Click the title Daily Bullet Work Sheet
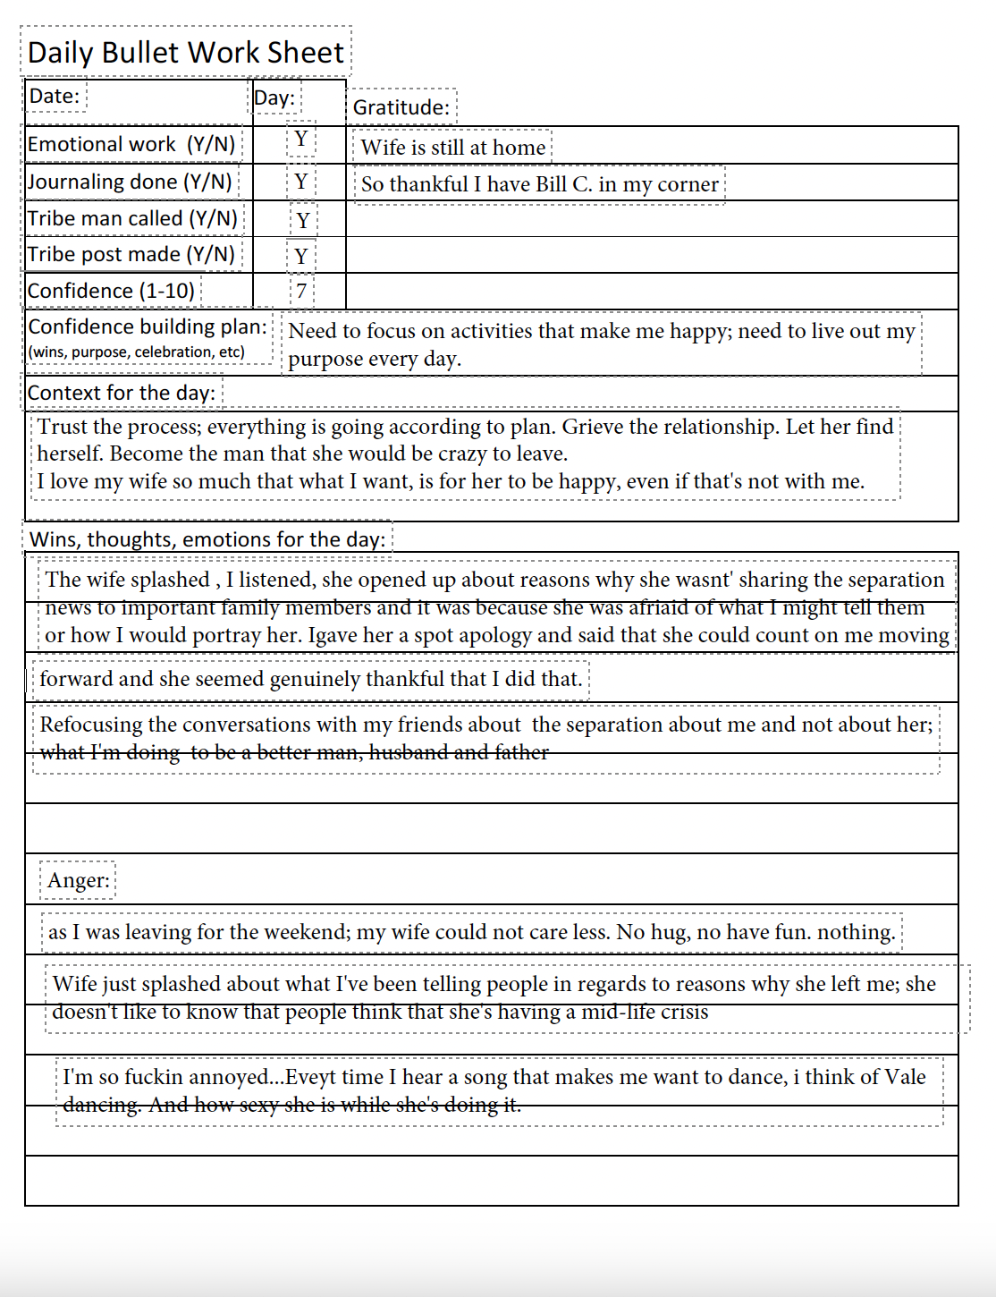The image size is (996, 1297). tap(185, 53)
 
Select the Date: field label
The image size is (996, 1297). tap(55, 96)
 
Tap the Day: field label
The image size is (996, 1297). tap(274, 97)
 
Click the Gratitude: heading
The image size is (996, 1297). tap(401, 107)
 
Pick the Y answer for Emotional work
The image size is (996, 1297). tap(301, 140)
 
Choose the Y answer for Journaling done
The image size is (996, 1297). tap(301, 182)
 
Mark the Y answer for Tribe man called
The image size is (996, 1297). tap(303, 220)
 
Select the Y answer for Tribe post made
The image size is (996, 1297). tap(301, 256)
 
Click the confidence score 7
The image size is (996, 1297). tap(301, 291)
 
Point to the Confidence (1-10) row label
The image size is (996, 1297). tap(111, 291)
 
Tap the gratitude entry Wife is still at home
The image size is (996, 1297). tap(452, 148)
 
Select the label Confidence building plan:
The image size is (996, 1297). tap(148, 326)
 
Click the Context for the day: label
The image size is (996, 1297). tap(122, 393)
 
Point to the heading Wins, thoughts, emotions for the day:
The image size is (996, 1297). tap(207, 539)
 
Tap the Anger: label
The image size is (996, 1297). tap(79, 880)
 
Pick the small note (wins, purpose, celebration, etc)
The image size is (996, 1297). tap(136, 352)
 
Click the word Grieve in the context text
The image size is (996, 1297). tap(592, 427)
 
